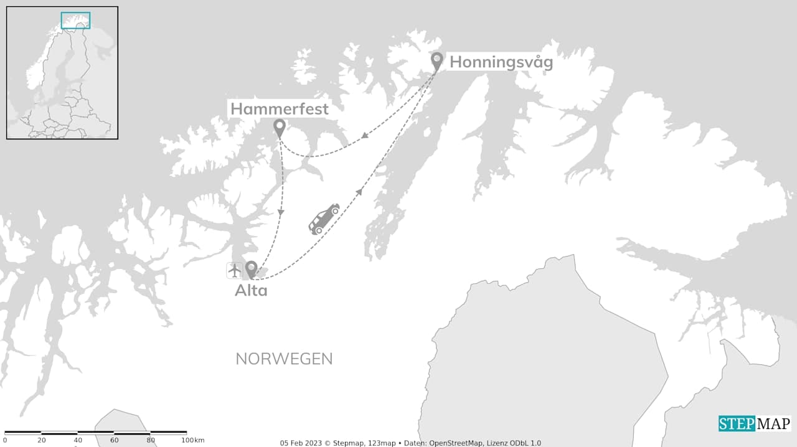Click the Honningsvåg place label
click(501, 63)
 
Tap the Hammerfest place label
click(280, 109)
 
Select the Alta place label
click(251, 290)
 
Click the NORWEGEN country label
click(284, 359)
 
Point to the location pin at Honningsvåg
click(437, 60)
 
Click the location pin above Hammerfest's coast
click(280, 128)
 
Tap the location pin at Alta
click(251, 269)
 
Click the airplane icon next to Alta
click(234, 271)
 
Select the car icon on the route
click(324, 219)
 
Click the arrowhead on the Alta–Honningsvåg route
click(360, 191)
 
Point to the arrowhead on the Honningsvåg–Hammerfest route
click(364, 134)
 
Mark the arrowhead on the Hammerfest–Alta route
click(281, 213)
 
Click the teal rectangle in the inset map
click(75, 21)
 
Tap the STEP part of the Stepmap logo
click(737, 424)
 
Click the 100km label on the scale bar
click(194, 441)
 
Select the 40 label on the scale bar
click(78, 441)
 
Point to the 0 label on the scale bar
click(5, 441)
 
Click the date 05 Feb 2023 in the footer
click(299, 443)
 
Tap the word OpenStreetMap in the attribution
click(461, 443)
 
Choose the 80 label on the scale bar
click(151, 441)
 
